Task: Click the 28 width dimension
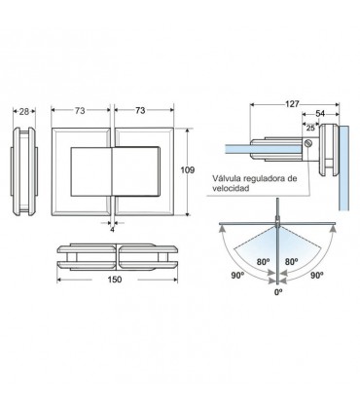(x=24, y=111)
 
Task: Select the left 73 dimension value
(x=80, y=111)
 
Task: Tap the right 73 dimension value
(x=140, y=110)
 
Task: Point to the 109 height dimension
(x=188, y=169)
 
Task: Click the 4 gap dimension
(x=112, y=229)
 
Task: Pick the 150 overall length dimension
(x=115, y=280)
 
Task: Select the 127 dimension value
(x=292, y=104)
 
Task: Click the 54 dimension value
(x=320, y=113)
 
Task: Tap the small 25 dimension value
(x=310, y=128)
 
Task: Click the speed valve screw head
(x=308, y=143)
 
